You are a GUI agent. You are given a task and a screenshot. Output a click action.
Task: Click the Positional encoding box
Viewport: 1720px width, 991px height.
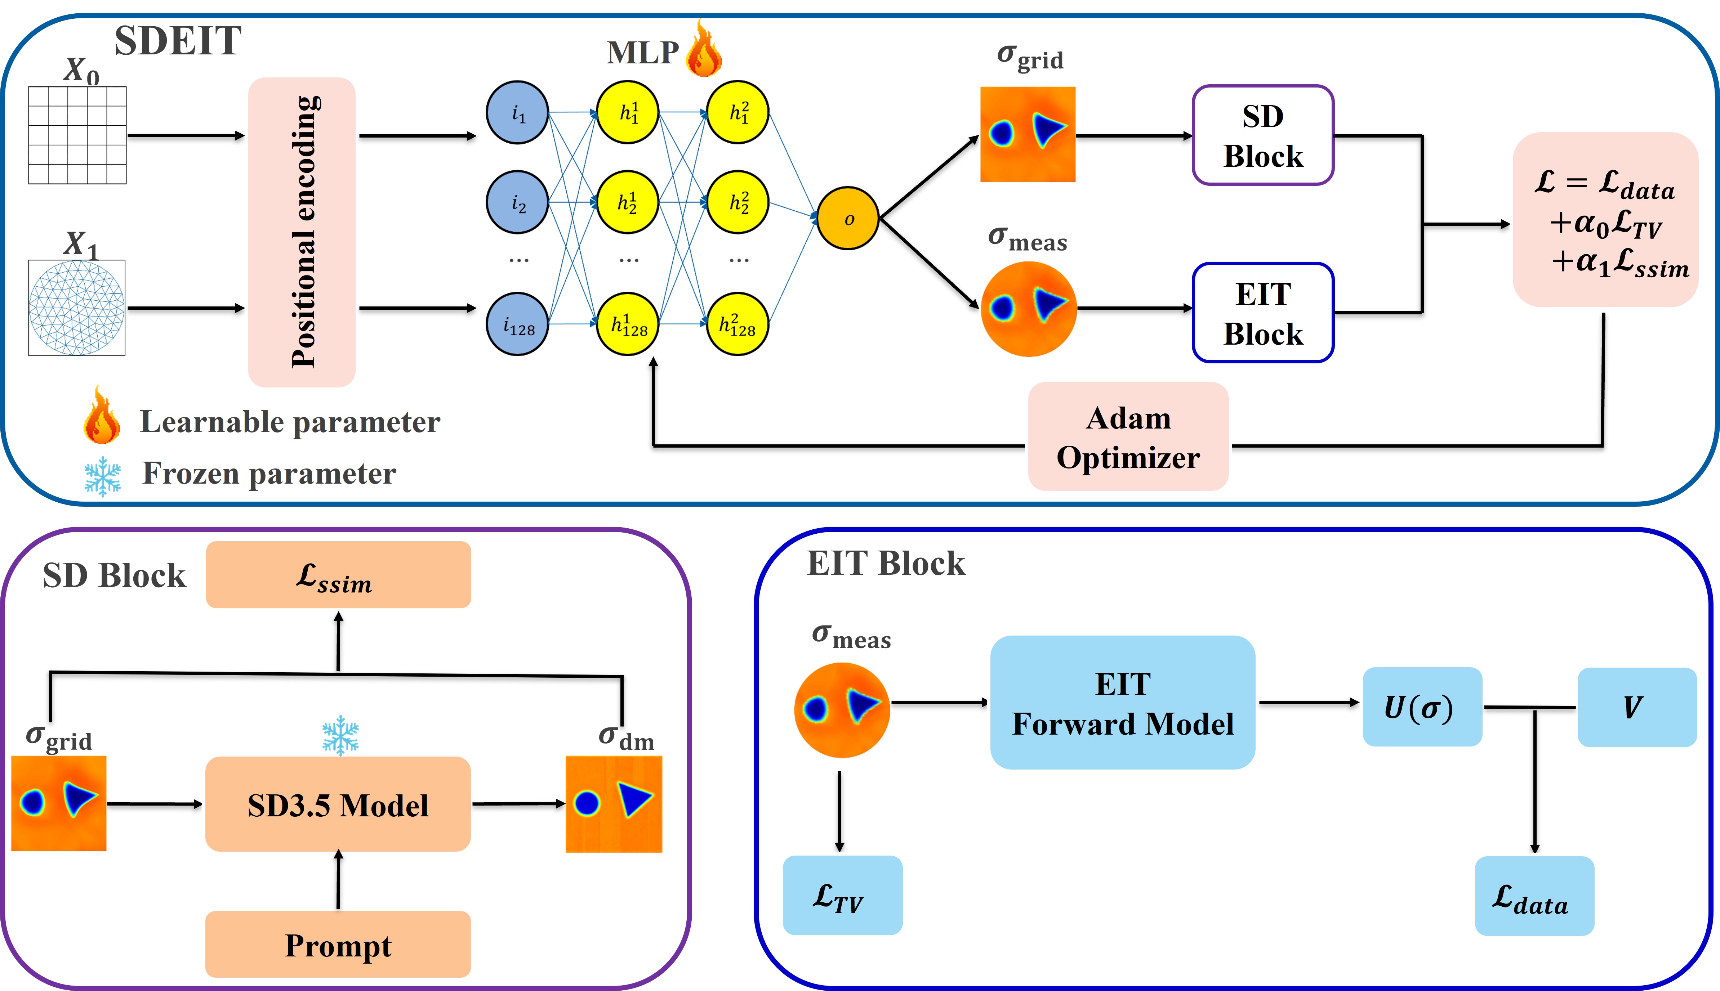click(x=302, y=232)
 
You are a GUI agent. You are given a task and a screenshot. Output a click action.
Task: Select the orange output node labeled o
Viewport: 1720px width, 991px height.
click(x=848, y=219)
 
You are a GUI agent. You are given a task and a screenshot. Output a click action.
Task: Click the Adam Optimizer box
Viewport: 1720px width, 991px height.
click(x=1128, y=437)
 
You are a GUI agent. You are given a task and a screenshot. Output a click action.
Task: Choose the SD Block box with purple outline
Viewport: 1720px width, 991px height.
click(x=1262, y=135)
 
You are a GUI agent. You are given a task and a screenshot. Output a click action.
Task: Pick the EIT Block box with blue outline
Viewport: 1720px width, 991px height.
click(x=1262, y=313)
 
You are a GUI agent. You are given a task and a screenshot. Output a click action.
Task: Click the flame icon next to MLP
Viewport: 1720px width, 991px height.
click(x=703, y=49)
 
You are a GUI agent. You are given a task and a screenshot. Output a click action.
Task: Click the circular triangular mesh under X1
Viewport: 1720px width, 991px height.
click(x=77, y=308)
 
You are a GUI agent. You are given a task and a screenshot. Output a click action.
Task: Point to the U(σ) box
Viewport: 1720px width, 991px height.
click(x=1422, y=707)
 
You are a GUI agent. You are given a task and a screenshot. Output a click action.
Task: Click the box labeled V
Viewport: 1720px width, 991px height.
click(x=1636, y=707)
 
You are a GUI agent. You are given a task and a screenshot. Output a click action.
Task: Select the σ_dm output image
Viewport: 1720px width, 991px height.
click(x=614, y=804)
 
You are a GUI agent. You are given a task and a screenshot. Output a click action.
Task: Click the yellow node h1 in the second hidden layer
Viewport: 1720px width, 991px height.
click(x=738, y=112)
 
